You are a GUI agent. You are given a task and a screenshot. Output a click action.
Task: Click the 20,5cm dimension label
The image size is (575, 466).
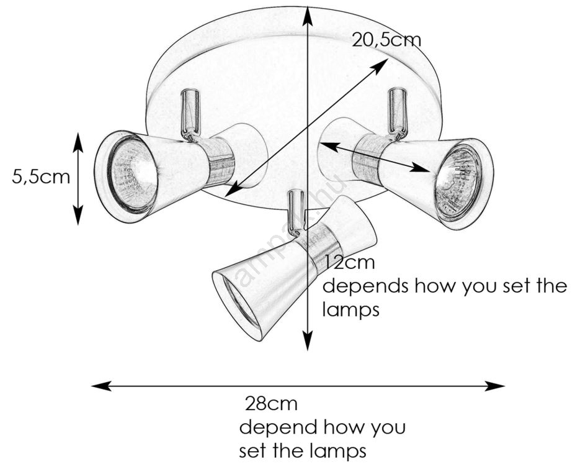point(386,40)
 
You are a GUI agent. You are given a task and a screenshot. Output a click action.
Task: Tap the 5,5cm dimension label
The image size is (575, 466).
point(41,177)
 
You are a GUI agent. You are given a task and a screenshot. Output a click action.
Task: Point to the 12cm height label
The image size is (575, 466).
point(350,262)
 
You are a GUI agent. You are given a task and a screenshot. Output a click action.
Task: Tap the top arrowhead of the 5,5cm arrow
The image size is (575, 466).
point(78,139)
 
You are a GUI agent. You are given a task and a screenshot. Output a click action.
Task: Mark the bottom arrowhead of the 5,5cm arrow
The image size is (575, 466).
point(78,217)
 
